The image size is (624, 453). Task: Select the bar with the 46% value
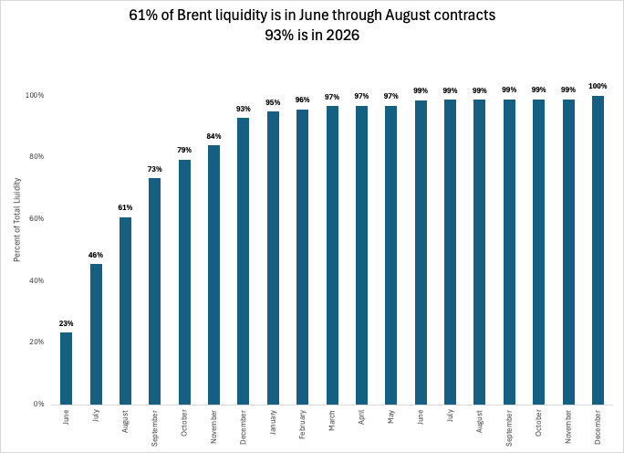(96, 333)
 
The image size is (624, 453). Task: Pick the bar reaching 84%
(213, 274)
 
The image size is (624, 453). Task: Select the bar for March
(332, 255)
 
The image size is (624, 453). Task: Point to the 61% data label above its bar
(125, 208)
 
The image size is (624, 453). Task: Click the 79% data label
(184, 151)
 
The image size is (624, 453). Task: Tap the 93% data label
(244, 109)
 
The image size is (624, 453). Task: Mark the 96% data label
(302, 100)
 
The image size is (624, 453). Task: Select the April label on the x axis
(362, 420)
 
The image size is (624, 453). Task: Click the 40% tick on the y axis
(37, 280)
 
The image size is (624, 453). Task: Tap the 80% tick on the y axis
(37, 157)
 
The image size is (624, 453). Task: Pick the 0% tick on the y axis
(40, 404)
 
